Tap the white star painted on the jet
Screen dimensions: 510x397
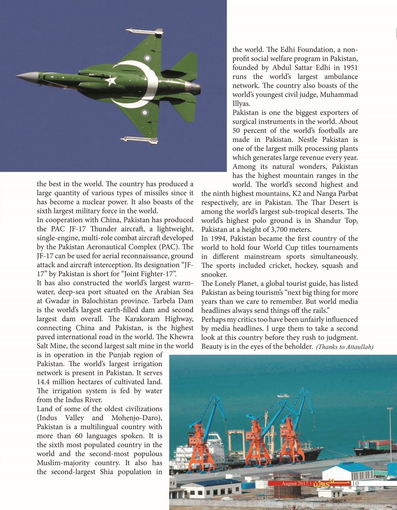point(111,81)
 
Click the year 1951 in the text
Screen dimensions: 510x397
point(350,67)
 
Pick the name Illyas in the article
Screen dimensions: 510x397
point(241,104)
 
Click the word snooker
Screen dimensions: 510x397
point(214,275)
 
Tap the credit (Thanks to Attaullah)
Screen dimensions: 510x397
point(344,347)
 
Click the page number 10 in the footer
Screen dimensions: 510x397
point(356,483)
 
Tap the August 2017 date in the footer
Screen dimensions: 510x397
point(294,484)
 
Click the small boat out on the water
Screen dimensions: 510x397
point(283,396)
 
